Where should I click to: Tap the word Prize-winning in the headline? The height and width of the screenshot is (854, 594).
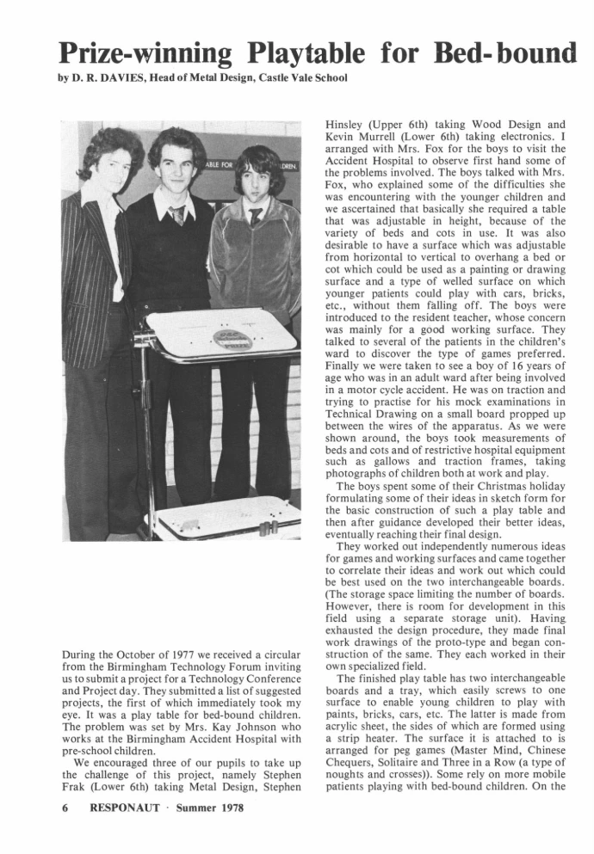pyautogui.click(x=145, y=52)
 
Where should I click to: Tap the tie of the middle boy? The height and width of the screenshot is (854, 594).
pyautogui.click(x=177, y=215)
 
